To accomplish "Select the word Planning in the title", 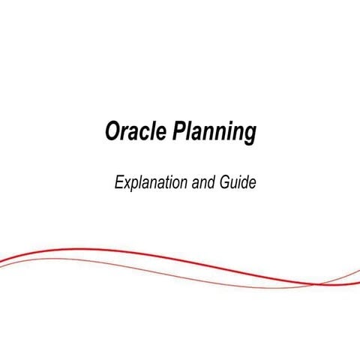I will click(x=215, y=134).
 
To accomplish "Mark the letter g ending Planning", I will click(x=250, y=136).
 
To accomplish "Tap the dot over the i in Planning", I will click(x=233, y=124).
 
